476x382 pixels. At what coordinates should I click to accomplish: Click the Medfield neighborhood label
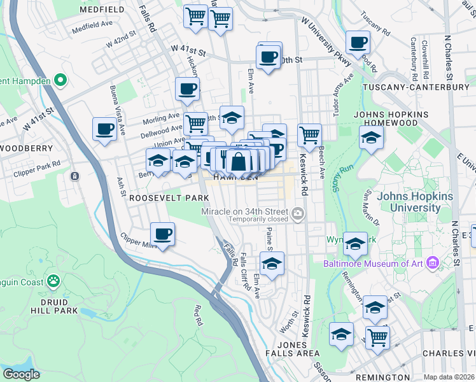coord(102,10)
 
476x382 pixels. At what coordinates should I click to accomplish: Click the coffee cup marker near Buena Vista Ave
coord(104,129)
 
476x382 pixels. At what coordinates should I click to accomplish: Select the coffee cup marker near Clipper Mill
coord(162,234)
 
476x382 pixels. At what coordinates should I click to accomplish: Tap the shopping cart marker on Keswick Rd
coord(309,134)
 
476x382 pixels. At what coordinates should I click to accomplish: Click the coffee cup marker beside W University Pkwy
coord(358,42)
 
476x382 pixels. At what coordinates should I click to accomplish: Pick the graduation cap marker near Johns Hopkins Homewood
coord(370,137)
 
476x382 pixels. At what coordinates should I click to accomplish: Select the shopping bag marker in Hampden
coord(238,163)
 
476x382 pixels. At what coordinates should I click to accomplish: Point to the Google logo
coord(22,374)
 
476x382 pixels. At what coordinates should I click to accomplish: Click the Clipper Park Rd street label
coord(39,163)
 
